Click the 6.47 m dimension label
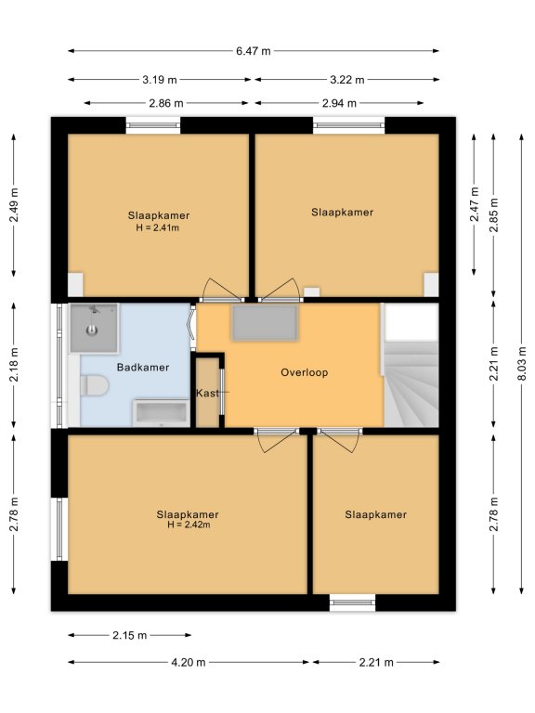pos(253,51)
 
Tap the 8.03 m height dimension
pos(522,363)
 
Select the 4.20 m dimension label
pos(189,662)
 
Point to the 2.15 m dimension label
pos(130,635)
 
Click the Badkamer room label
pos(143,367)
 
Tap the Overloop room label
pos(304,372)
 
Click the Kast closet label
pos(207,393)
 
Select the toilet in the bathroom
pos(94,385)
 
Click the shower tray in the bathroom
pos(94,328)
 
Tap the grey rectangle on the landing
pos(265,322)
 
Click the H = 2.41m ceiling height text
pos(157,227)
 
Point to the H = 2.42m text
pos(189,525)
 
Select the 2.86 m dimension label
pos(166,103)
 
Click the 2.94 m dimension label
pos(339,103)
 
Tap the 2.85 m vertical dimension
pos(493,215)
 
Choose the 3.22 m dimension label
pos(347,80)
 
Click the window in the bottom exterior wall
pos(353,603)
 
